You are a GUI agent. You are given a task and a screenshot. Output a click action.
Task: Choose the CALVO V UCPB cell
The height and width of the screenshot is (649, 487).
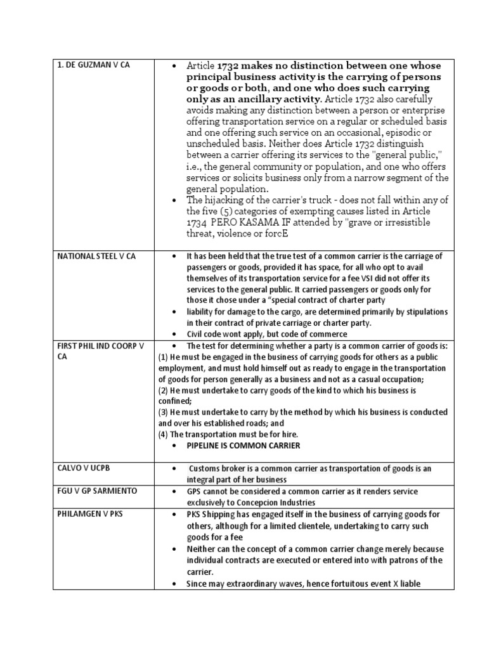pos(84,468)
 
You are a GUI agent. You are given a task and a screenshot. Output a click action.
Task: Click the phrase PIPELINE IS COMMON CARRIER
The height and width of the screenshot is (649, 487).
pos(243,446)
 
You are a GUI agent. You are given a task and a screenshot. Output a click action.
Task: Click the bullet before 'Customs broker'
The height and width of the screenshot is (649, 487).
pos(174,468)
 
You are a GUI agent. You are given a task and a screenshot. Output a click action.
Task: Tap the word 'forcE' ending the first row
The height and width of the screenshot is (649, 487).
pos(274,234)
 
